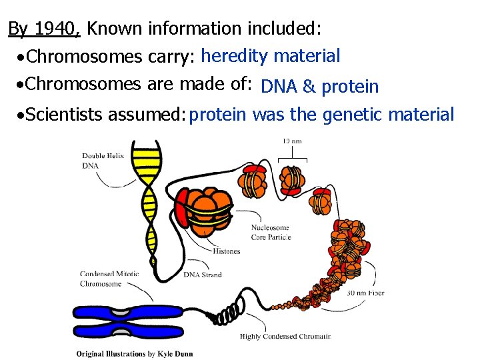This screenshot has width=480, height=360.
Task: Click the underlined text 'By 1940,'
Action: point(44,29)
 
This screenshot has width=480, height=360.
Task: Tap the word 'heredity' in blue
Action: point(232,56)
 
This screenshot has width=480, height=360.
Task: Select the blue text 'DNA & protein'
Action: point(320,87)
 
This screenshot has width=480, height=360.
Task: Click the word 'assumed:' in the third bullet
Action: point(145,116)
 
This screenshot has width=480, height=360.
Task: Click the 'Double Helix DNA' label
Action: point(97,160)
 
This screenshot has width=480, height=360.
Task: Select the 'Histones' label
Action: point(227,251)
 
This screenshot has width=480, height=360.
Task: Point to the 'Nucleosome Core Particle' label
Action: point(270,232)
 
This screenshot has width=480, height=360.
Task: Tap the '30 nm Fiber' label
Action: point(365,293)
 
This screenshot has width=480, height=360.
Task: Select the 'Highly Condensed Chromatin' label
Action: point(285,336)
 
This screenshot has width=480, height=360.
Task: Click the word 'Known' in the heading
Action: point(116,29)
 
